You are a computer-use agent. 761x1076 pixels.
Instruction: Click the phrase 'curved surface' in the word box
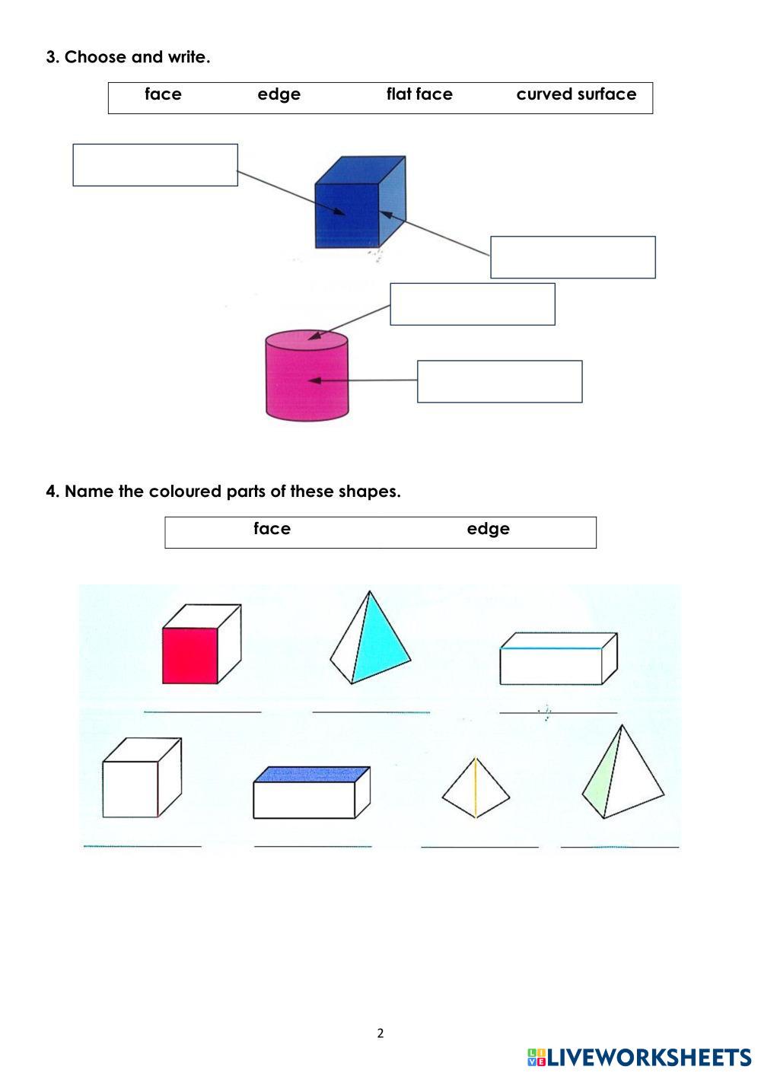click(x=576, y=94)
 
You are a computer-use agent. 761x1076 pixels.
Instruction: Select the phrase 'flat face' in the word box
click(x=419, y=94)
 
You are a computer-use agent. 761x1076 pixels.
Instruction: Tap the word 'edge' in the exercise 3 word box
click(x=279, y=94)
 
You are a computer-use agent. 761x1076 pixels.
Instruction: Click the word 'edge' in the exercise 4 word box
click(x=488, y=529)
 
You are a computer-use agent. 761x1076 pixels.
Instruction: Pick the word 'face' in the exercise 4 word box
click(x=272, y=529)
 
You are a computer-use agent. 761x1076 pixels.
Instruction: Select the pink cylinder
click(x=307, y=377)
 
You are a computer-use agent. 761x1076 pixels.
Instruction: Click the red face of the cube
click(x=189, y=656)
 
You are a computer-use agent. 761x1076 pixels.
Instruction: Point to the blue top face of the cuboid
click(x=312, y=775)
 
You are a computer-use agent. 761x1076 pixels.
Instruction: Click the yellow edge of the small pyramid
click(x=476, y=788)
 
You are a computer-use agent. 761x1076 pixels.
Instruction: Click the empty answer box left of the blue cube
click(x=155, y=165)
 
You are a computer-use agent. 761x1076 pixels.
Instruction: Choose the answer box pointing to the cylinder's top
click(x=473, y=304)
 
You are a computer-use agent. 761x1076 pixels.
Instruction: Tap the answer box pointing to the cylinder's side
click(x=500, y=381)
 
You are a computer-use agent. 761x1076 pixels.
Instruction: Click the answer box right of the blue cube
click(x=573, y=257)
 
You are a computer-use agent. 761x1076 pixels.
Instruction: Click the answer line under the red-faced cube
click(x=202, y=710)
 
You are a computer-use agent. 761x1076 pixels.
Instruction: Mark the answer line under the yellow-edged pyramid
click(x=479, y=844)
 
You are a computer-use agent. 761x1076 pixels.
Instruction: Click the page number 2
click(x=380, y=1033)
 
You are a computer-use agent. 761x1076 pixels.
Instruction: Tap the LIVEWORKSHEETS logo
click(x=639, y=1057)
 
